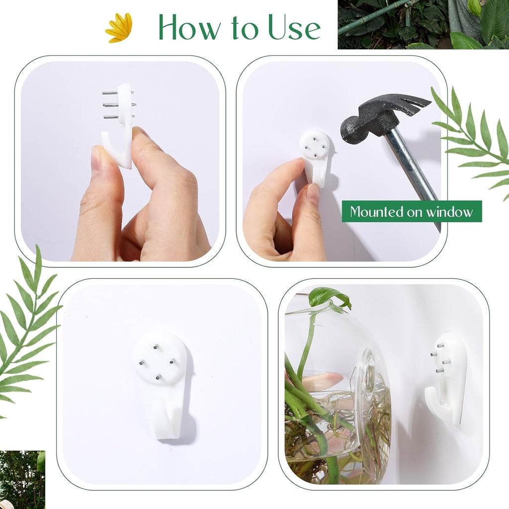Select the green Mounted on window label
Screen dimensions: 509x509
(412, 211)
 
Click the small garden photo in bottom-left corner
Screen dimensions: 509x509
(22, 479)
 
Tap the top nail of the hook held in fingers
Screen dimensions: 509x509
(117, 93)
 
